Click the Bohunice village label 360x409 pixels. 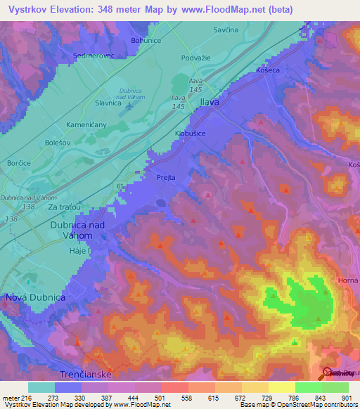click(x=147, y=41)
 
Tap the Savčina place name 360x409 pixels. click(x=226, y=30)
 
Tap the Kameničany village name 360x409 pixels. click(x=67, y=123)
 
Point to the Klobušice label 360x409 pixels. click(x=189, y=132)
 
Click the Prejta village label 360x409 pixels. click(x=166, y=178)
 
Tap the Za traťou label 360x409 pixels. click(x=64, y=207)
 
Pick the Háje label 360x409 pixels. click(x=78, y=252)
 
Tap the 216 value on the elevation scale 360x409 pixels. click(x=23, y=398)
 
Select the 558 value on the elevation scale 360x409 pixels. click(x=186, y=398)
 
